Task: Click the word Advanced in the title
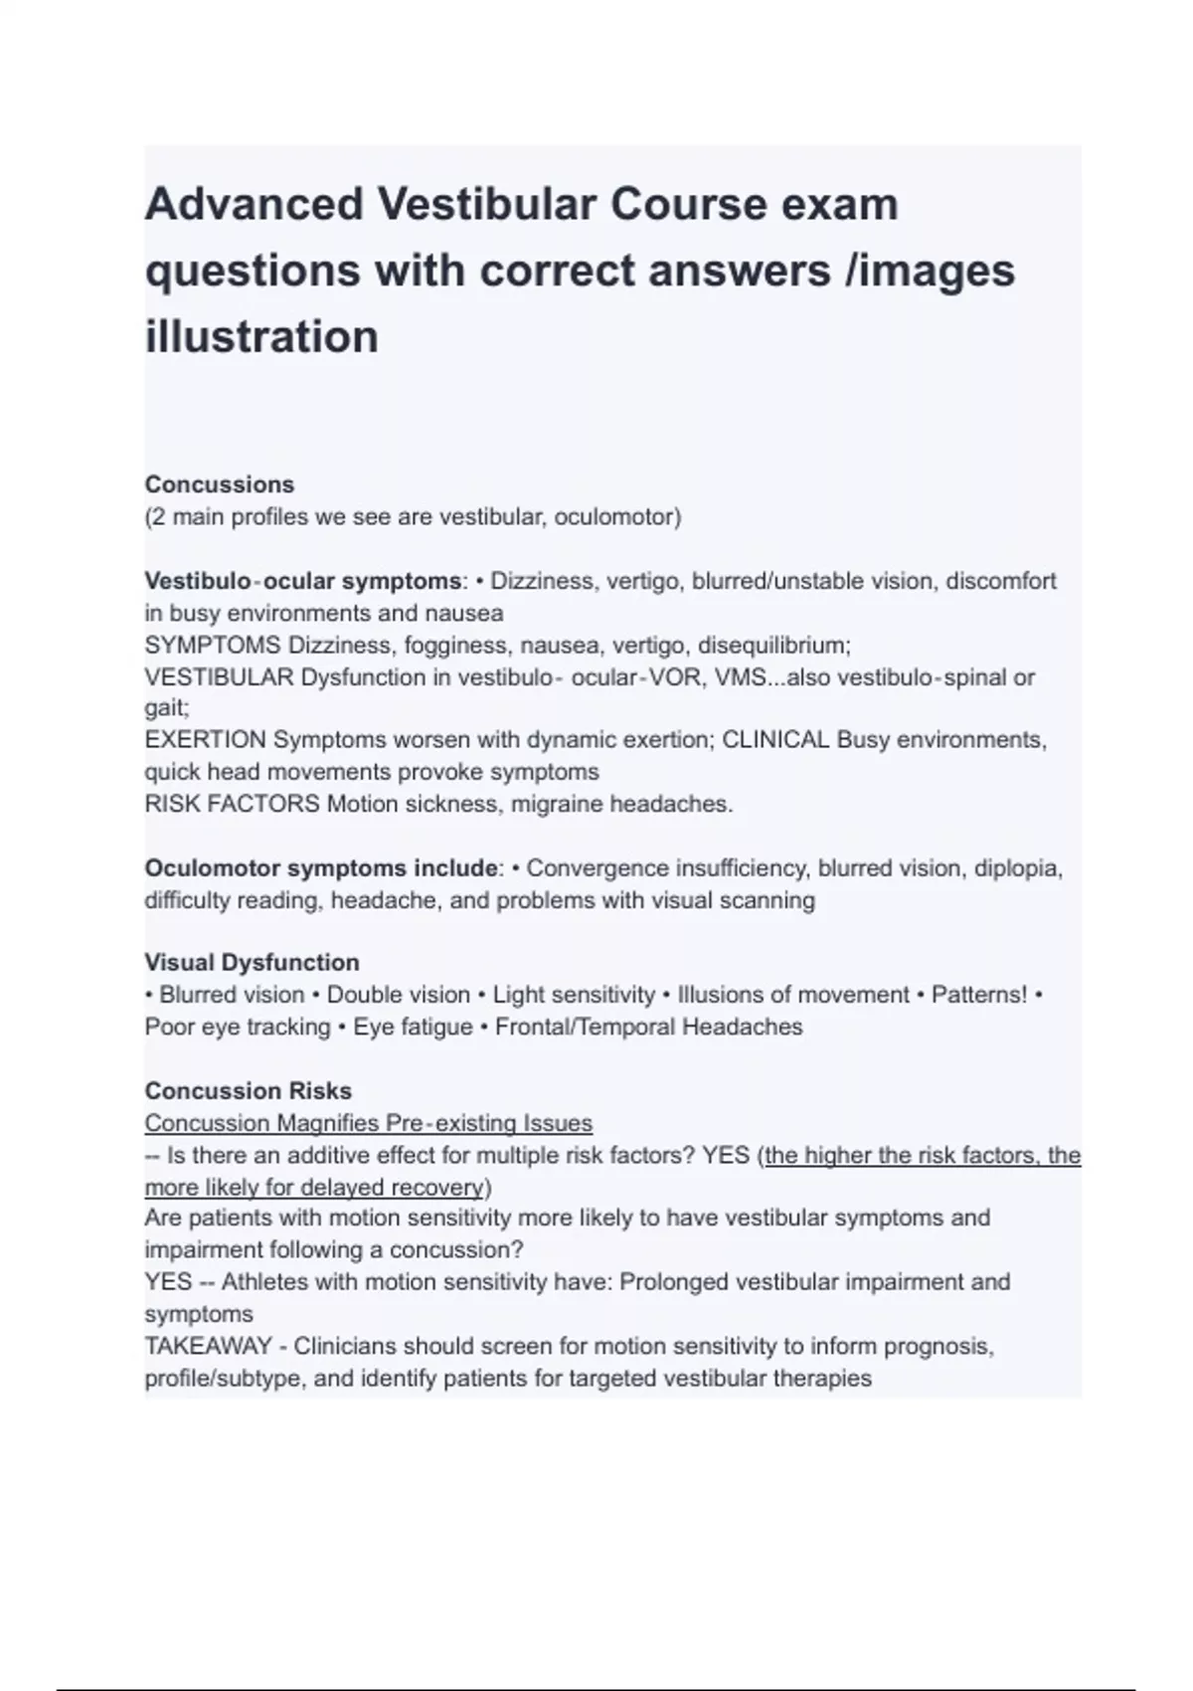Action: pyautogui.click(x=254, y=205)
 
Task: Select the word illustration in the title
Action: pyautogui.click(x=261, y=336)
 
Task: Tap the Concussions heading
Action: pyautogui.click(x=220, y=484)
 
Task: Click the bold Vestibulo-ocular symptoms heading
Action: pyautogui.click(x=302, y=581)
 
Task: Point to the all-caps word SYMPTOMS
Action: pyautogui.click(x=213, y=645)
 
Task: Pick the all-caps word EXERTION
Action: pyautogui.click(x=205, y=740)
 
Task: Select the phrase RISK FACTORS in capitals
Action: pyautogui.click(x=232, y=804)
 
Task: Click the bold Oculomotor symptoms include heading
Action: pyautogui.click(x=320, y=868)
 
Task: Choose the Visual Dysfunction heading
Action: pyautogui.click(x=252, y=963)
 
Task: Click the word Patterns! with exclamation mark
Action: pyautogui.click(x=978, y=995)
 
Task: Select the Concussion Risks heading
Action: pyautogui.click(x=248, y=1091)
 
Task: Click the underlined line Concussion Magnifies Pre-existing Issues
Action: pyautogui.click(x=368, y=1123)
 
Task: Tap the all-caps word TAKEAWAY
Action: pyautogui.click(x=208, y=1346)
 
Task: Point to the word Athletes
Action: pyautogui.click(x=267, y=1282)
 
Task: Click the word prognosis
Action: pyautogui.click(x=938, y=1346)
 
